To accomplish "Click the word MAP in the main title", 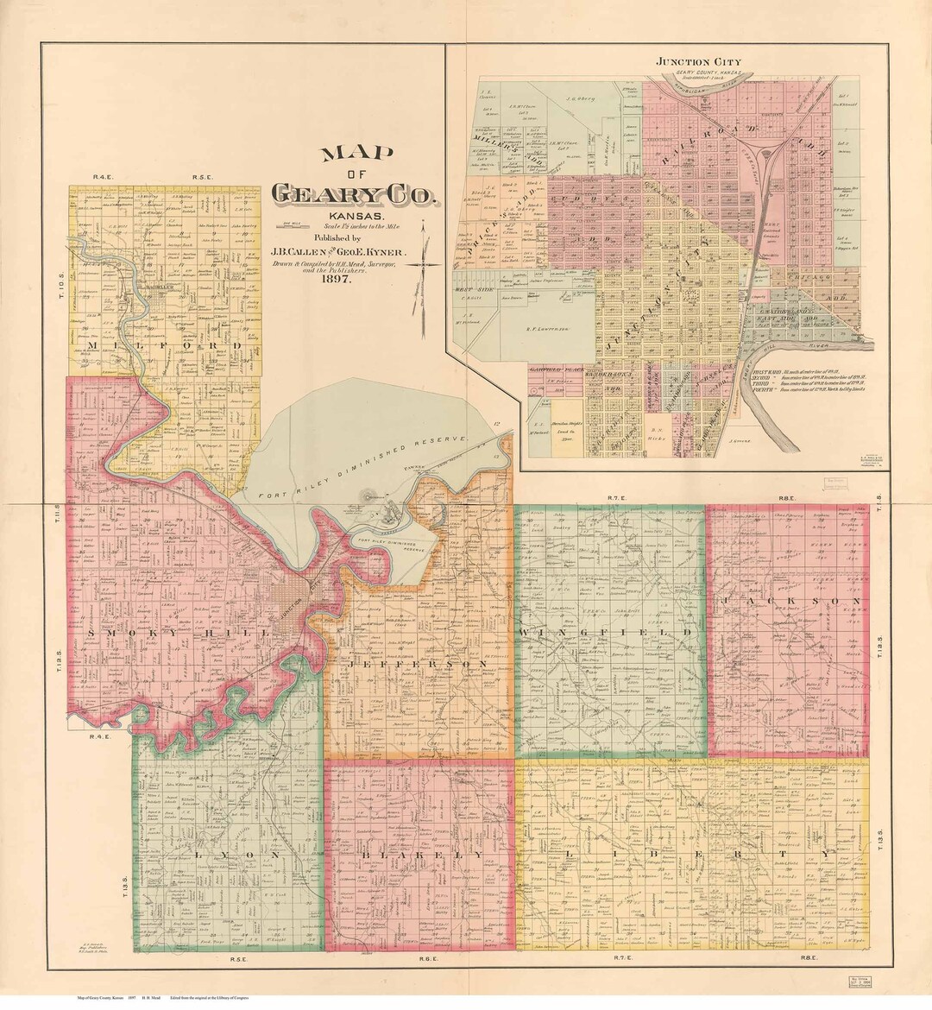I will click(x=356, y=155).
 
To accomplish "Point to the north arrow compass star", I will click(x=422, y=262).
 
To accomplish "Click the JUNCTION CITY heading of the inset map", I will click(x=699, y=62).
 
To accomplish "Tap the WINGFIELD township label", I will click(x=607, y=633).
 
